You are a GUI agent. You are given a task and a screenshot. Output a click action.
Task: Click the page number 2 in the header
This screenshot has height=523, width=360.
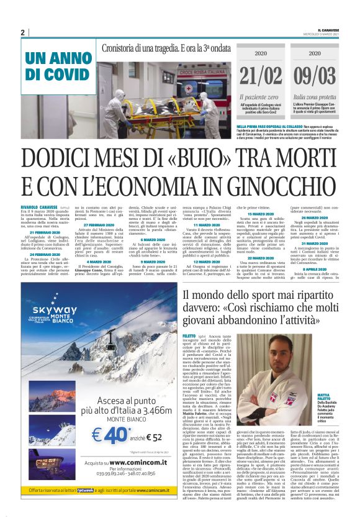[22, 32]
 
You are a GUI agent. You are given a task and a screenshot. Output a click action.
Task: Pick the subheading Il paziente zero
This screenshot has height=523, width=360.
[258, 98]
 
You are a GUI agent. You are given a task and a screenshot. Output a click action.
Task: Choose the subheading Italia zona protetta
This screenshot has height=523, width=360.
[314, 98]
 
